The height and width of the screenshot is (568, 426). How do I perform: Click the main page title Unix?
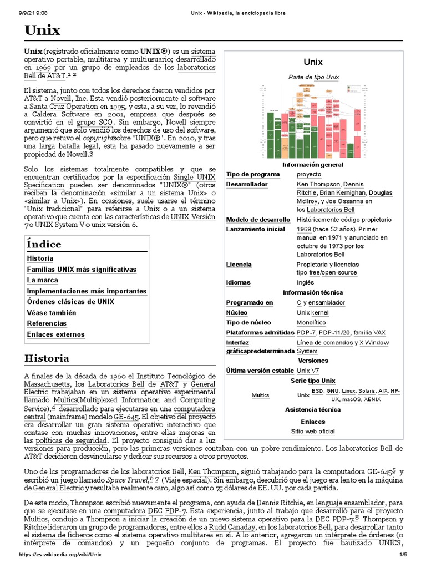coord(42,31)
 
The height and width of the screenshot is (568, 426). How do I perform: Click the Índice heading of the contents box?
coord(44,244)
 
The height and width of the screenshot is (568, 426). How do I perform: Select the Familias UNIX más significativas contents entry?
coord(81,270)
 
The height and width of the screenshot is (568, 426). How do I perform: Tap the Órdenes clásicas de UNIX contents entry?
coord(70,302)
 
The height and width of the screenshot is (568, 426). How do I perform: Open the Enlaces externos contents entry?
coord(55,334)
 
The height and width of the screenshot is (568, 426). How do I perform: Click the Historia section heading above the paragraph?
coord(47,358)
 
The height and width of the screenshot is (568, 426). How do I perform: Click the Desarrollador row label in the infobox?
coord(247,184)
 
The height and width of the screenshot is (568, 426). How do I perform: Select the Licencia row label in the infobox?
coord(239,265)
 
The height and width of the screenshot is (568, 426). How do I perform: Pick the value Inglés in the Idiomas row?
coord(305,282)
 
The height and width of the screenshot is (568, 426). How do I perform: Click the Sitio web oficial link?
coord(313,431)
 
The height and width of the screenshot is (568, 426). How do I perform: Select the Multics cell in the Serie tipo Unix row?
coord(260,395)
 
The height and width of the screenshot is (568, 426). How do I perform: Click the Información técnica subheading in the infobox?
coord(313,292)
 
